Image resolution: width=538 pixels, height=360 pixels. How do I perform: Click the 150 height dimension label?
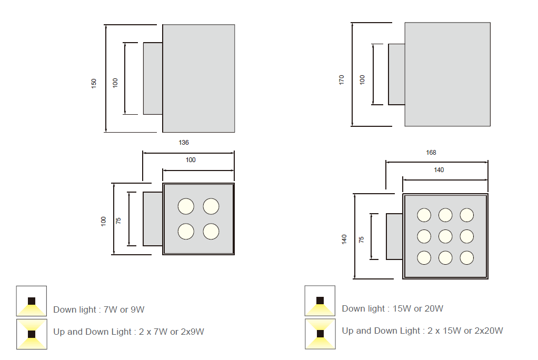click(94, 83)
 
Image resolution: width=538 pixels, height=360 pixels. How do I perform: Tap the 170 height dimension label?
click(342, 80)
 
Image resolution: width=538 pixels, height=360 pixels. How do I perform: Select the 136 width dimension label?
click(184, 143)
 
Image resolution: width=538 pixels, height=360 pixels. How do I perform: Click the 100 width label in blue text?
click(191, 160)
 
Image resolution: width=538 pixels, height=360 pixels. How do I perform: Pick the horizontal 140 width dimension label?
click(439, 170)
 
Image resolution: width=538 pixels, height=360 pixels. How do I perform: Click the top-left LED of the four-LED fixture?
click(185, 206)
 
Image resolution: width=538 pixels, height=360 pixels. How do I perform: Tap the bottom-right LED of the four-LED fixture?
click(211, 231)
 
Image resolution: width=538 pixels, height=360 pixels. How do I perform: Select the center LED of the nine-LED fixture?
click(445, 236)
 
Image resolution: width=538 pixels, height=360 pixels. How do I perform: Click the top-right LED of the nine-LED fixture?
click(467, 215)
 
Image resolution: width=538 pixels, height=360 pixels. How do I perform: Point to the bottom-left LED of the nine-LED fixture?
click(424, 257)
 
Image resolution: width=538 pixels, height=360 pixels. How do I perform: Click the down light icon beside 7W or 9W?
click(32, 301)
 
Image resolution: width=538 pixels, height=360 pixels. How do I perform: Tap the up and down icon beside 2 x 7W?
click(32, 334)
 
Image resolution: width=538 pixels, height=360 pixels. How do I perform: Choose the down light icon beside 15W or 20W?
click(320, 301)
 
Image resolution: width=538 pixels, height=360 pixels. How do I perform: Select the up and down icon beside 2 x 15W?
click(320, 333)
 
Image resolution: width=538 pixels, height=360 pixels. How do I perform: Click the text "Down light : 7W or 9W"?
click(98, 310)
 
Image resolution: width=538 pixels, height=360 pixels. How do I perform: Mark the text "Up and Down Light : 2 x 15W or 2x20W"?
click(422, 331)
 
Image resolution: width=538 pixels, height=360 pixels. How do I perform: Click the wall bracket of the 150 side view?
click(153, 78)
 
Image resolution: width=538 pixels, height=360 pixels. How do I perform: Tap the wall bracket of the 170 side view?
click(396, 74)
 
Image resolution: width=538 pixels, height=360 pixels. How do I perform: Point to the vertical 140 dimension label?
click(344, 239)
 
